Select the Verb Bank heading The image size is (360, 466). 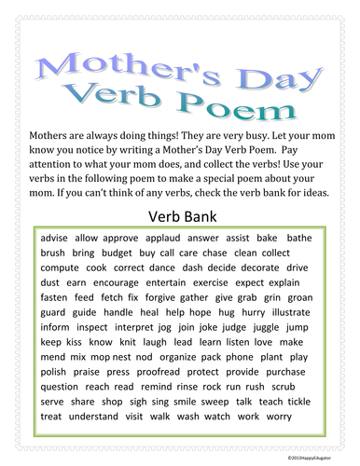pyautogui.click(x=181, y=217)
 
